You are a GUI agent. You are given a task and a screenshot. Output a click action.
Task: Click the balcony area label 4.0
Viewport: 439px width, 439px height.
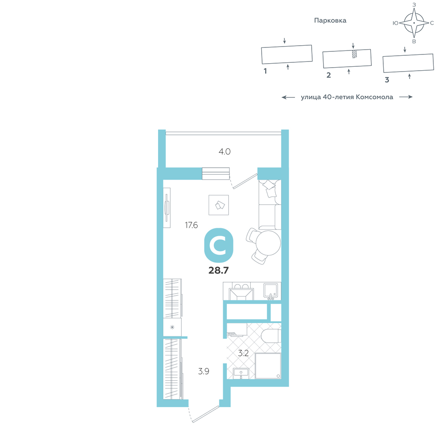pyautogui.click(x=224, y=151)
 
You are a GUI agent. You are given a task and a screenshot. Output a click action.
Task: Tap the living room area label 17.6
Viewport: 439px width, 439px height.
pyautogui.click(x=191, y=225)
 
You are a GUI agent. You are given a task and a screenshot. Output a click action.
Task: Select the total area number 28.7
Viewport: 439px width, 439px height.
pyautogui.click(x=219, y=270)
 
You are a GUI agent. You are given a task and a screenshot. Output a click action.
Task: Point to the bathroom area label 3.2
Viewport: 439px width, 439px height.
pyautogui.click(x=243, y=353)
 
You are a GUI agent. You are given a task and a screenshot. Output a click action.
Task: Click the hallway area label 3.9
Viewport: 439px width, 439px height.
pyautogui.click(x=204, y=371)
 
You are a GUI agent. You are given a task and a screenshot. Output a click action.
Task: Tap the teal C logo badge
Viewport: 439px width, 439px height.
pyautogui.click(x=219, y=245)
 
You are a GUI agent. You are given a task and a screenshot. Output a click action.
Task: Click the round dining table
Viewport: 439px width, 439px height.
pyautogui.click(x=268, y=243)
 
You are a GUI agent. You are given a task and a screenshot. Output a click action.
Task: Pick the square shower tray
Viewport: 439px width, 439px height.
pyautogui.click(x=268, y=366)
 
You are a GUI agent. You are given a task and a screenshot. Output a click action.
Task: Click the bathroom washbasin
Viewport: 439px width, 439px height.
pyautogui.click(x=241, y=373)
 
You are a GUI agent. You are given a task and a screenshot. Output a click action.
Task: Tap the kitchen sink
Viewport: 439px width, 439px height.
pyautogui.click(x=270, y=290)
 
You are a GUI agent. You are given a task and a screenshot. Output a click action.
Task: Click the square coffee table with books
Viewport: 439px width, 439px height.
pyautogui.click(x=219, y=205)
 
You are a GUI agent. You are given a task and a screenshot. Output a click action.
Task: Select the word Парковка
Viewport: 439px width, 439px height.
pyautogui.click(x=330, y=21)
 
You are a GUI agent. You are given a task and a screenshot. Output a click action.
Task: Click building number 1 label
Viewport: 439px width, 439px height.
pyautogui.click(x=265, y=71)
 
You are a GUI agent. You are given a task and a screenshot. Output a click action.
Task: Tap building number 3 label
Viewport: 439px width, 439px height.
pyautogui.click(x=387, y=80)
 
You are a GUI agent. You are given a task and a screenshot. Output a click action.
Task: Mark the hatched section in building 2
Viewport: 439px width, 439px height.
pyautogui.click(x=354, y=54)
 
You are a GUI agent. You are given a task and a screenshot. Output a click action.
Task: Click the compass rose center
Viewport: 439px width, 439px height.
pyautogui.click(x=414, y=23)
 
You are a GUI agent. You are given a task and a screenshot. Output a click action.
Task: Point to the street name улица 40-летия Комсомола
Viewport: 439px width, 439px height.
pyautogui.click(x=347, y=97)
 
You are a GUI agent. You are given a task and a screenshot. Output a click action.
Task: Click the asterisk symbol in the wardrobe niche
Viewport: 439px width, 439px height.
pyautogui.click(x=172, y=327)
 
